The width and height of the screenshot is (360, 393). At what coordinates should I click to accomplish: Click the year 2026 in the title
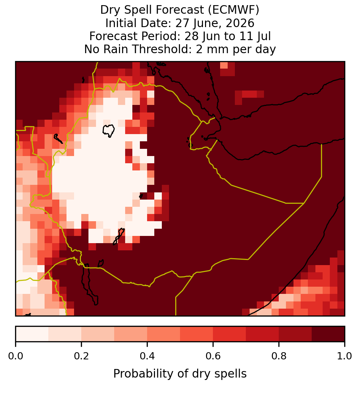240,23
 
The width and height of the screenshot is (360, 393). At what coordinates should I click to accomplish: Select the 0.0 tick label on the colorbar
15,356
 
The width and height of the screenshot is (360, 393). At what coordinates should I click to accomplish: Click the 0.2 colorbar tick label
81,356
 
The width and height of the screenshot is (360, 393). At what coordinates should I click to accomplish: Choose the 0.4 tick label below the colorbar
147,356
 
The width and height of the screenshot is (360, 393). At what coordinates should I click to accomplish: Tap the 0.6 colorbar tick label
213,356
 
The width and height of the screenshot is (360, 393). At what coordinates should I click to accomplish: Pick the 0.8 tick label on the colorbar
279,356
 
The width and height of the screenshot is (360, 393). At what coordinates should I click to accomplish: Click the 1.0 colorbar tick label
345,356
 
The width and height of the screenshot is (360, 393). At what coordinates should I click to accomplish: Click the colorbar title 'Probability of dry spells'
180,374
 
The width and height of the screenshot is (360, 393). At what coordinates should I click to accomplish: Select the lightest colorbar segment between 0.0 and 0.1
32,334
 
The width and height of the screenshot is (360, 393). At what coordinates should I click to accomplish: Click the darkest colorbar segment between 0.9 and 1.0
328,334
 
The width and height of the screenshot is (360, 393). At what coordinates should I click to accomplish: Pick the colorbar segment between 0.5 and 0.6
196,334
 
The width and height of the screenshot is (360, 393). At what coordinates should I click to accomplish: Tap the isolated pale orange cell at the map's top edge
224,65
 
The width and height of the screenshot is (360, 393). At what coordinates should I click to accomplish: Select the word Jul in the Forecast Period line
264,36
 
